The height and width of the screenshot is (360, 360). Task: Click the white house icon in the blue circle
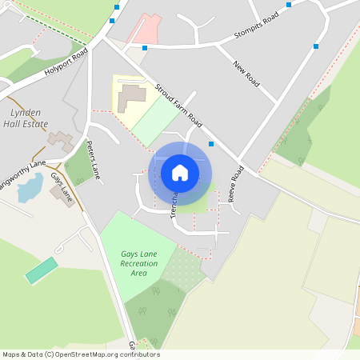180,172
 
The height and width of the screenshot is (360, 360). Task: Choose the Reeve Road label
237,184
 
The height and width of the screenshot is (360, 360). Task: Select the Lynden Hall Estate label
26,118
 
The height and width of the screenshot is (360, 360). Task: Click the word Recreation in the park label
139,263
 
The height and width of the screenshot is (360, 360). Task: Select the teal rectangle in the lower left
42,270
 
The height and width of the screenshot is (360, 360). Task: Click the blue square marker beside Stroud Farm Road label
211,144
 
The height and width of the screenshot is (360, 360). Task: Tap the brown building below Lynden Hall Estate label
58,141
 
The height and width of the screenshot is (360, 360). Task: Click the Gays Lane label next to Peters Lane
62,186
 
